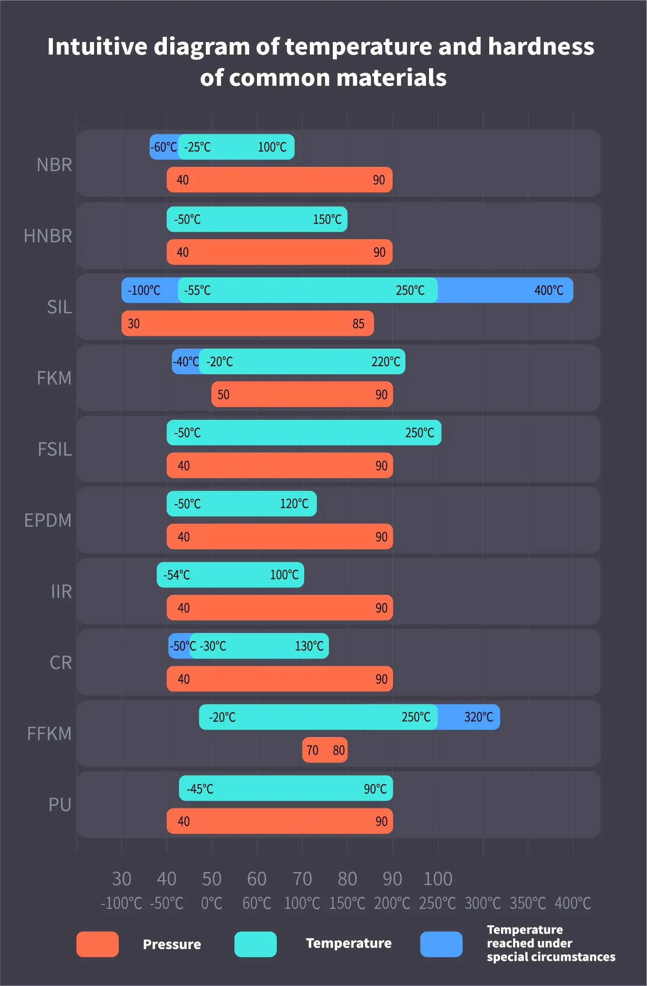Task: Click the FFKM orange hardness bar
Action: coord(325,750)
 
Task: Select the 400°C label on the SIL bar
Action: coord(549,290)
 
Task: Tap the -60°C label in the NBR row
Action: coord(163,147)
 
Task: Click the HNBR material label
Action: coord(48,236)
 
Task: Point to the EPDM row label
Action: coord(48,520)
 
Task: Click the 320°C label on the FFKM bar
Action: coord(478,717)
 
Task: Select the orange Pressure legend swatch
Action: coord(98,944)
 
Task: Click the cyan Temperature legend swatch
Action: coord(255,944)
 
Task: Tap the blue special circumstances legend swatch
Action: coord(441,944)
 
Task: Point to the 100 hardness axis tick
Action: coord(438,879)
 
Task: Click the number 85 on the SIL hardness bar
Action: coord(358,324)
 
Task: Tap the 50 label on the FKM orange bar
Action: coord(223,395)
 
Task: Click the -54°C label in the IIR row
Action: coord(176,575)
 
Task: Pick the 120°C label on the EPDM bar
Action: coord(294,504)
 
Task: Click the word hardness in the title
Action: coord(541,46)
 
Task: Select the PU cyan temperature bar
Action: coord(286,788)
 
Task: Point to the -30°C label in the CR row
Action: coord(213,646)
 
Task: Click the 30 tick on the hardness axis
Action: coord(121,879)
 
